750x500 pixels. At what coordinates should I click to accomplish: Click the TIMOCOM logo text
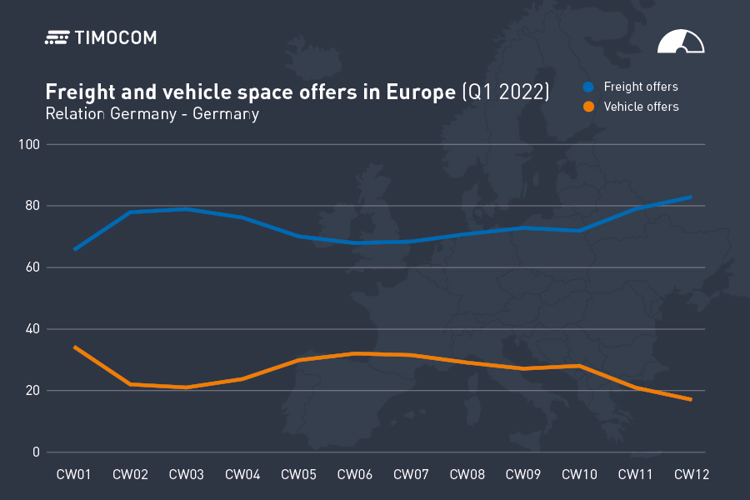click(115, 37)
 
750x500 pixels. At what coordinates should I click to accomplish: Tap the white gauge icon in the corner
click(681, 42)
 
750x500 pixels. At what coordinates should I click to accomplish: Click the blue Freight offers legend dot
click(588, 87)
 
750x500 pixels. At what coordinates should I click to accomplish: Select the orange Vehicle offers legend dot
click(588, 107)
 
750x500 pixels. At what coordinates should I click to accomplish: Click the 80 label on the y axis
click(33, 206)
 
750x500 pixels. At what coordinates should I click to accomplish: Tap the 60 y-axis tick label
click(33, 267)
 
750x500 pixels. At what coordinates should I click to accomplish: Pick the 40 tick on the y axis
click(33, 329)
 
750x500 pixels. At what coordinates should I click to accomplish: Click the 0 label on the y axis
click(37, 452)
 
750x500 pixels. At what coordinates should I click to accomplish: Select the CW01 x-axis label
click(73, 475)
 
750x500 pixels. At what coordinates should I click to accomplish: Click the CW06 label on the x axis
click(355, 475)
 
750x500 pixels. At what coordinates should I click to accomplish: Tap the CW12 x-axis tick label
click(692, 475)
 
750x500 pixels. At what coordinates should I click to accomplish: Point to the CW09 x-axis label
click(523, 475)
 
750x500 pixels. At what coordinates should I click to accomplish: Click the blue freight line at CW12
click(691, 197)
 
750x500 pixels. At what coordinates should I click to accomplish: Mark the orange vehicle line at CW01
click(75, 347)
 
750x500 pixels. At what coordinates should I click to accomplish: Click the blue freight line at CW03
click(187, 209)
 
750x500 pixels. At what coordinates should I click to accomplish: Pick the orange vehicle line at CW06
click(355, 353)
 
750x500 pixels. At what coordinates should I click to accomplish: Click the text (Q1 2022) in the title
click(506, 92)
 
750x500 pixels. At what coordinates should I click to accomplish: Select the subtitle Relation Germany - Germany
click(152, 114)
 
